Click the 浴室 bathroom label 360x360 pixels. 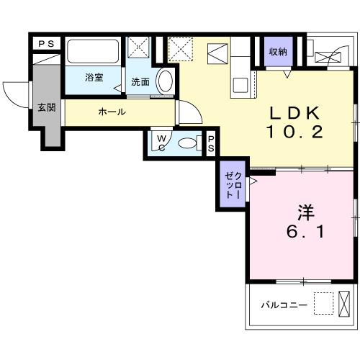coord(93,77)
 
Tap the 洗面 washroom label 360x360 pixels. coord(140,81)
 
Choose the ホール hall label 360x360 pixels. coord(112,112)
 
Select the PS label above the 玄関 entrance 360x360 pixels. coord(46,45)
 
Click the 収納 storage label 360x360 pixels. coord(279,52)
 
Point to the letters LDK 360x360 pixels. coord(294,114)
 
